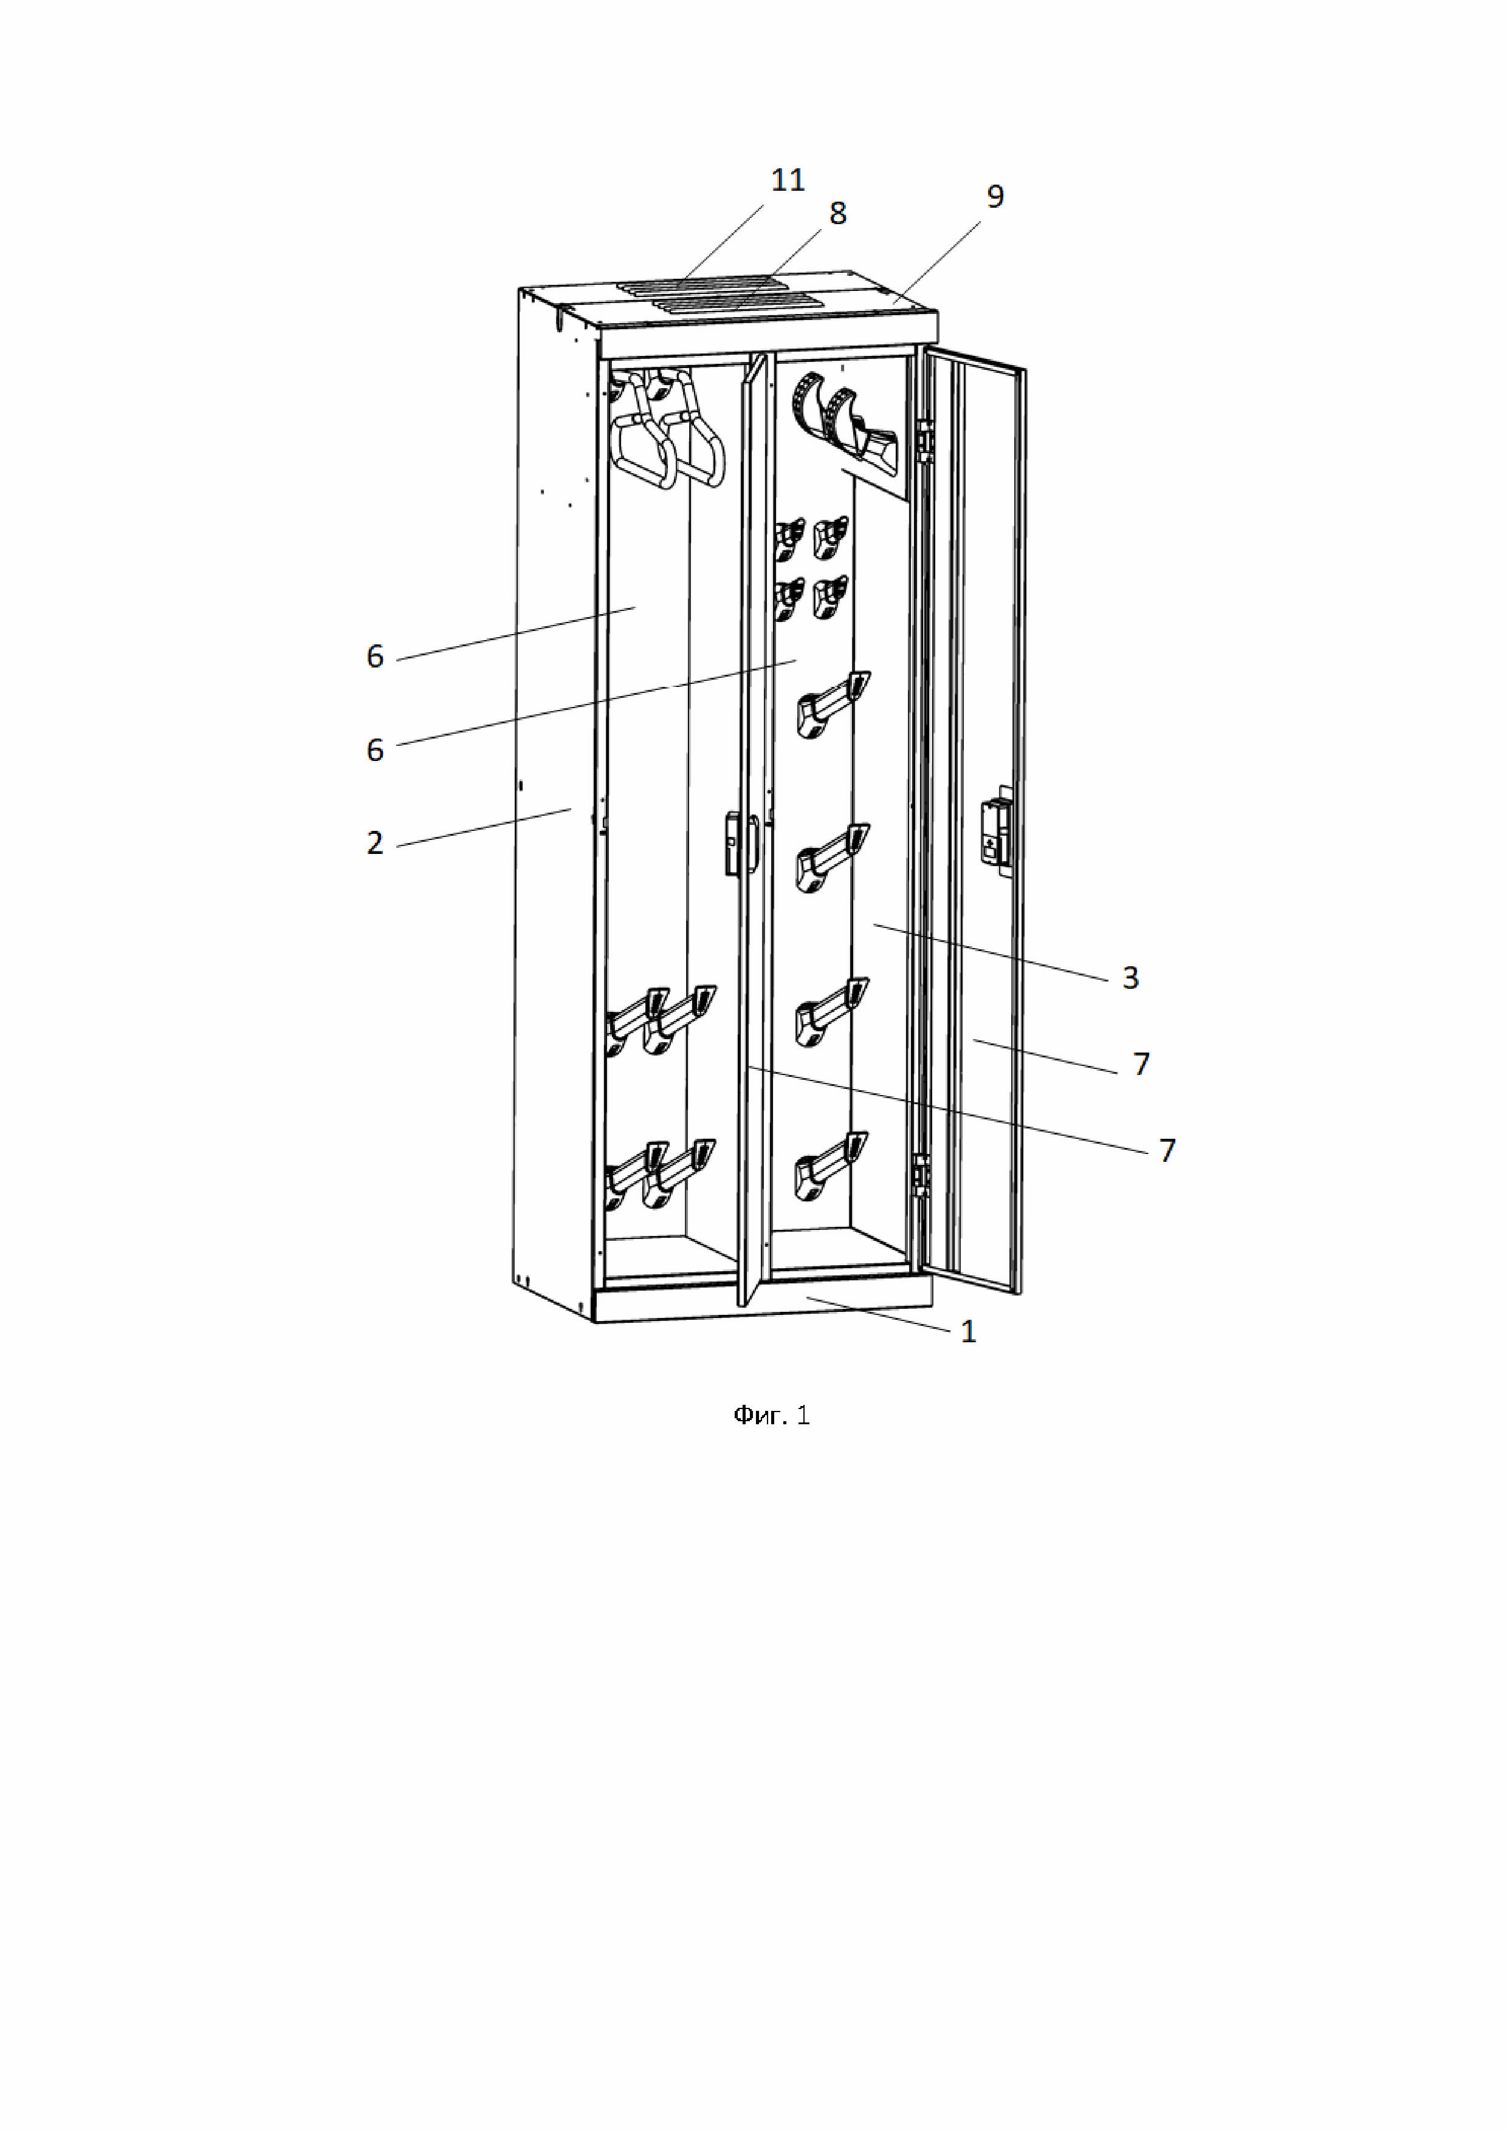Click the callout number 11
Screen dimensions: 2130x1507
point(788,179)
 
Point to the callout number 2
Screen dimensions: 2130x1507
point(375,843)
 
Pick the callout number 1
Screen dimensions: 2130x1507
point(968,1332)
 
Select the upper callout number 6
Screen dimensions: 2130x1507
point(375,657)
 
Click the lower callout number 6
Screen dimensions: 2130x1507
point(375,749)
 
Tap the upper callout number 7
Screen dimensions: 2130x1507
point(1141,1064)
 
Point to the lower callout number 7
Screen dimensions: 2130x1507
point(1167,1150)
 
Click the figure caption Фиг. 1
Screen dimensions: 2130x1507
point(771,1415)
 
